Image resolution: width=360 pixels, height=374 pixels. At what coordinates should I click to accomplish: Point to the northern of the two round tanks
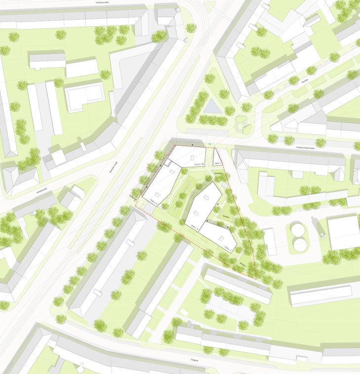[297, 229]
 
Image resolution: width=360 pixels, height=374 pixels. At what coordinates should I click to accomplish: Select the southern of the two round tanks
[299, 244]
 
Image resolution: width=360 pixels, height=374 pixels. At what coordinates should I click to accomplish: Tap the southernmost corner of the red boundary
[255, 279]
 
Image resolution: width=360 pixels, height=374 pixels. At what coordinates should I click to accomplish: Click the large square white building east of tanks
[344, 232]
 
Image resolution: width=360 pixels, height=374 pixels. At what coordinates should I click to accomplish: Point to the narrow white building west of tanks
[270, 241]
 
